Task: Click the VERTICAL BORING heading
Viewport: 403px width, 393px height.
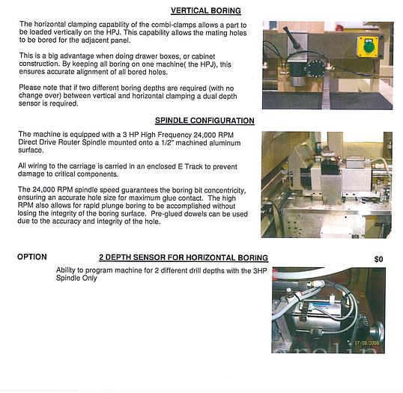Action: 206,11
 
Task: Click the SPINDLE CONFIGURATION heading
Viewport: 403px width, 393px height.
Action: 204,121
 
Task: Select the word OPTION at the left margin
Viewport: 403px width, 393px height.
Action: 32,257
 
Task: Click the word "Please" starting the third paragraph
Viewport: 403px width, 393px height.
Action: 29,88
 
